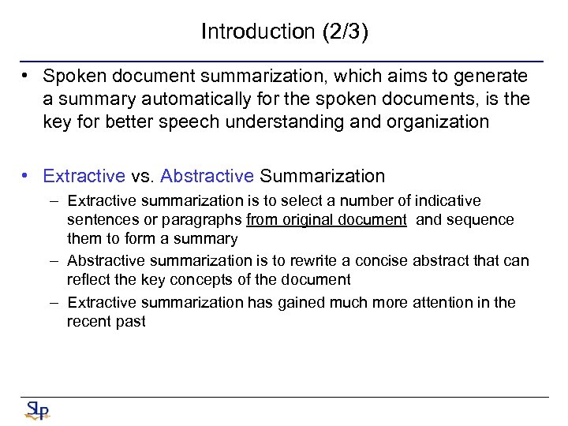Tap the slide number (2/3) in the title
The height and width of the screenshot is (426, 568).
tap(344, 32)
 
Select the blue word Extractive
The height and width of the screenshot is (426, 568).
tap(84, 176)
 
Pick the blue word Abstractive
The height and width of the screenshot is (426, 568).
tap(207, 176)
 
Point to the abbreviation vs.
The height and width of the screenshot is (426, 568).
tap(143, 176)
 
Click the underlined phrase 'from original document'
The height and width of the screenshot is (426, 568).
tap(327, 220)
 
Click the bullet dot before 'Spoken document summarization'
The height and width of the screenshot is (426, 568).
tap(27, 77)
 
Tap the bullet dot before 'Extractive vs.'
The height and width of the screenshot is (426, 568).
tap(27, 176)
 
